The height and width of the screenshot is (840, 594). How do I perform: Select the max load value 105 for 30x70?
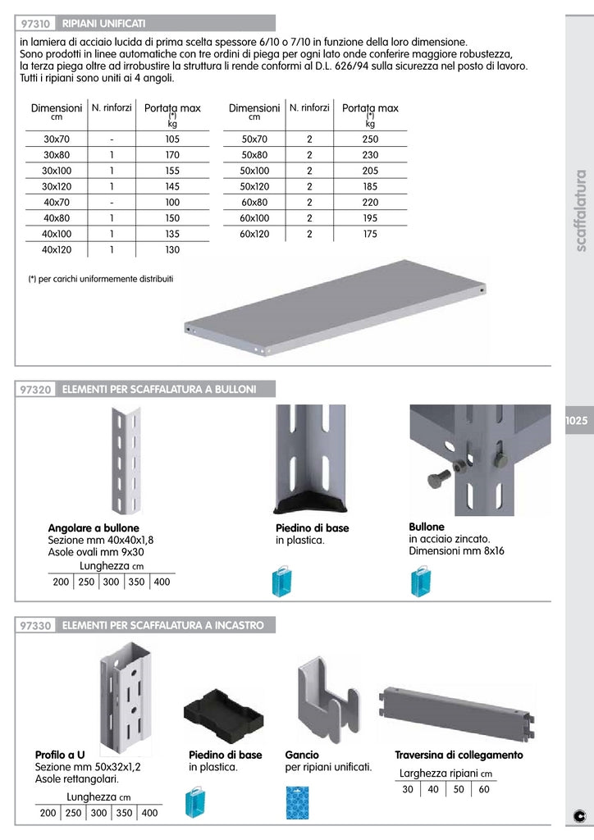click(172, 139)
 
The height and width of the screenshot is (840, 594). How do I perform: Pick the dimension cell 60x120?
click(254, 234)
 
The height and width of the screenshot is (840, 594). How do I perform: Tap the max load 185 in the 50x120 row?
click(370, 187)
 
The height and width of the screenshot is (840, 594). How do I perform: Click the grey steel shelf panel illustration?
click(336, 308)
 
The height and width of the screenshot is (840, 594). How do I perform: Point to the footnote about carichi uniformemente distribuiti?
click(101, 279)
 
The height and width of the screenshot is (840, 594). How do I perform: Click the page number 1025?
click(577, 420)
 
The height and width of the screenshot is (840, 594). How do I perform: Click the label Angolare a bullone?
click(94, 527)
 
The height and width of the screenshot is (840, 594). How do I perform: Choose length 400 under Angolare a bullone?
click(162, 582)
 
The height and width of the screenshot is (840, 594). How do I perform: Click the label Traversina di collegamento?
click(459, 756)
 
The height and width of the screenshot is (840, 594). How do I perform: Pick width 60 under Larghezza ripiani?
click(484, 789)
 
